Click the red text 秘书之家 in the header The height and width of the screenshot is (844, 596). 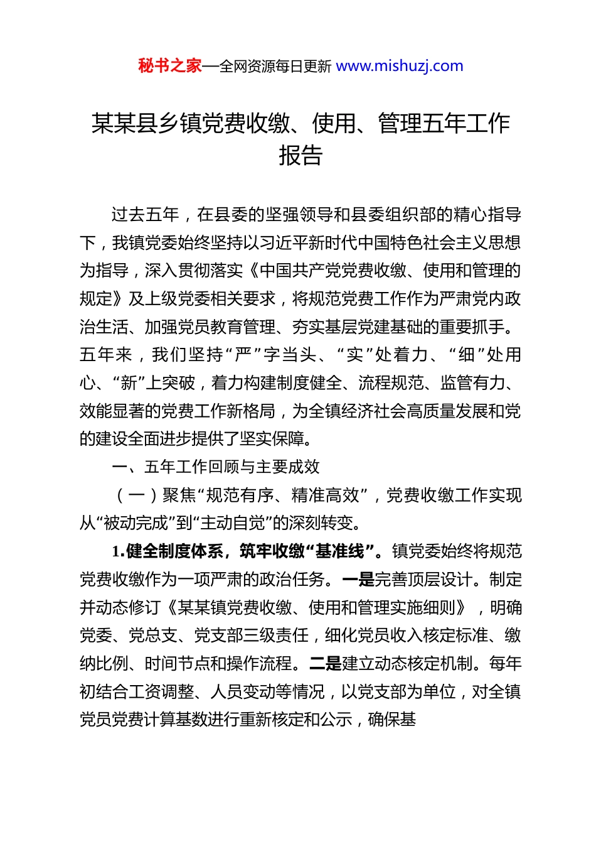point(170,66)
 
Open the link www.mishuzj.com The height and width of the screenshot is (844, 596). point(400,66)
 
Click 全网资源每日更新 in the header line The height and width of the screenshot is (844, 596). point(275,67)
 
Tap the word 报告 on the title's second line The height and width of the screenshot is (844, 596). point(301,155)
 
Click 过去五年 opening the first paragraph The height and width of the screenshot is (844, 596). point(145,215)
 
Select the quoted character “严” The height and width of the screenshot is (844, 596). point(243,355)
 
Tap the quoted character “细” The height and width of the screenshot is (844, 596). point(466,355)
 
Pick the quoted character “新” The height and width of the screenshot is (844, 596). point(128,383)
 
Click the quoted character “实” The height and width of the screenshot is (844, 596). point(354,355)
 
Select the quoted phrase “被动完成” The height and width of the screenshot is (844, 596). point(136,523)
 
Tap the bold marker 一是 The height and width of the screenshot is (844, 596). point(358,580)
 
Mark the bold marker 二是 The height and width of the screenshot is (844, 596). point(325,664)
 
